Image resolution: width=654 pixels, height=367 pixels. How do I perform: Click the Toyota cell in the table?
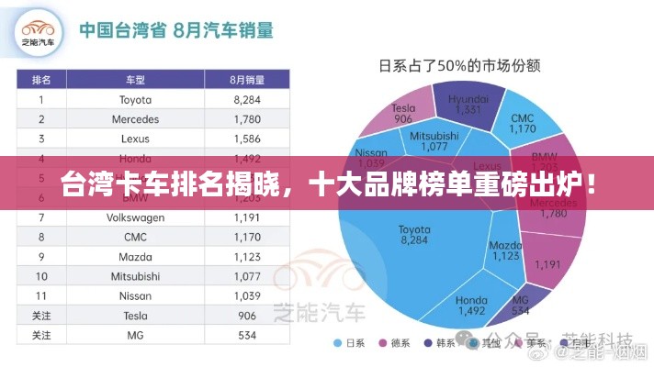[x=135, y=99]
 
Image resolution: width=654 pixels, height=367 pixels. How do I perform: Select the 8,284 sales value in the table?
[x=248, y=99]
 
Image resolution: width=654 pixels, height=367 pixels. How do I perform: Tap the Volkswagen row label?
[x=135, y=217]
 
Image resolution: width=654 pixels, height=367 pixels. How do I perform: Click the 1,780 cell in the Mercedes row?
[x=248, y=119]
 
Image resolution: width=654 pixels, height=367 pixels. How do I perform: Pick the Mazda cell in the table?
[x=135, y=257]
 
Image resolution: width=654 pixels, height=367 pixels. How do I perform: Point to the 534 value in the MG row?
[x=248, y=336]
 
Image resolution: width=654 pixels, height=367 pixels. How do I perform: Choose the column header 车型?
[x=135, y=79]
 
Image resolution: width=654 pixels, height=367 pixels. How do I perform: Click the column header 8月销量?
[x=248, y=79]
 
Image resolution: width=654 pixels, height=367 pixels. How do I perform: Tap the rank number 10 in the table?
[x=41, y=276]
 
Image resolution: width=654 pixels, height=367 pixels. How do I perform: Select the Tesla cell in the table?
[x=135, y=316]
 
